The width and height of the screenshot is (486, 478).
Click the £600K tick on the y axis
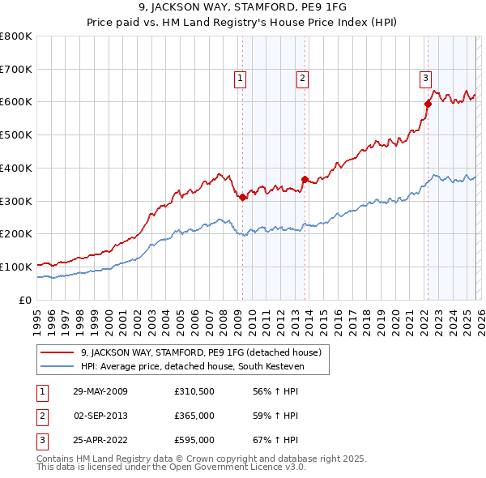coord(16,102)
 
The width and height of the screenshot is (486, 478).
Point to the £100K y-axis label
coord(16,267)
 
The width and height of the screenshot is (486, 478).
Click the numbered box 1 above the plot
coord(241,79)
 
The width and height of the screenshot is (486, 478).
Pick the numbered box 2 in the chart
coord(301,79)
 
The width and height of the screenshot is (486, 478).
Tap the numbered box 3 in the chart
coord(424,79)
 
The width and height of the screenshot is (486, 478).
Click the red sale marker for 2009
coord(243,197)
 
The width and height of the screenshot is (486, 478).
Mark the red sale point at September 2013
coord(305,179)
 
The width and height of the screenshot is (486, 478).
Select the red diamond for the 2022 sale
coord(428,104)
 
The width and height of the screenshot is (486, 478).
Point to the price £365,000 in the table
coord(194,416)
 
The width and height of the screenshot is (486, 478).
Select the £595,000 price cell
coord(194,442)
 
